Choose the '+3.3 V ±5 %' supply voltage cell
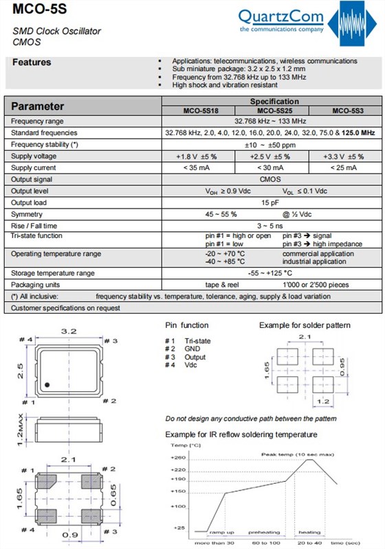pos(346,156)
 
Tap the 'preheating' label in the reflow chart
pos(264,532)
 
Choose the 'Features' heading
pos(32,62)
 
